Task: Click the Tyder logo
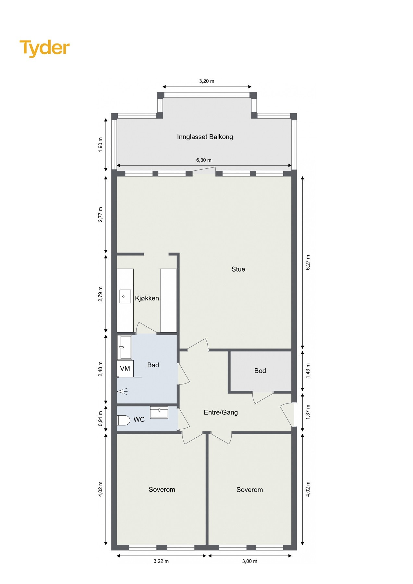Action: point(44,48)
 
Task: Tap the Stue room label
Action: point(238,269)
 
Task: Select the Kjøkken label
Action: point(147,298)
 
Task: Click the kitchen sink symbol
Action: point(125,296)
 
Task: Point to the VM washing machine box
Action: point(125,369)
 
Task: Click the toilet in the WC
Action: point(123,420)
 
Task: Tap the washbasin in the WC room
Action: point(159,412)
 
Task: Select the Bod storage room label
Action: point(260,371)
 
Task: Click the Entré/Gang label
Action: point(221,412)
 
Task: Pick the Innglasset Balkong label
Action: point(205,137)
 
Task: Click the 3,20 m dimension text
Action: point(207,81)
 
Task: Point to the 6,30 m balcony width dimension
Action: point(204,160)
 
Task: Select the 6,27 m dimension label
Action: point(308,262)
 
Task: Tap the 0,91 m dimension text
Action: point(101,419)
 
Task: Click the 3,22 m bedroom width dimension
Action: point(161,561)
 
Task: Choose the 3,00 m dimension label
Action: point(249,561)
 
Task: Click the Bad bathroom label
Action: point(153,365)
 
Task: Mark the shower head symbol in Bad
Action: point(122,392)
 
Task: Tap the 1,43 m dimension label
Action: point(308,371)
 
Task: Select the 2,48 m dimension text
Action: point(101,369)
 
